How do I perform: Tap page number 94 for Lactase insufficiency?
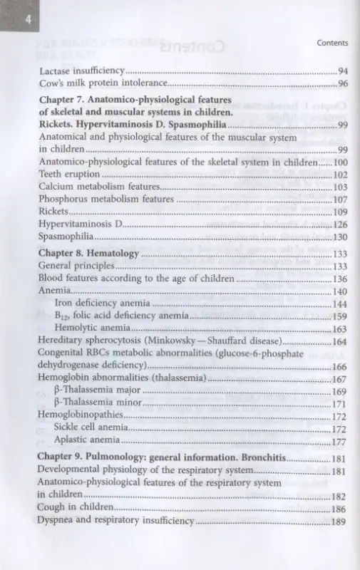pos(342,71)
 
